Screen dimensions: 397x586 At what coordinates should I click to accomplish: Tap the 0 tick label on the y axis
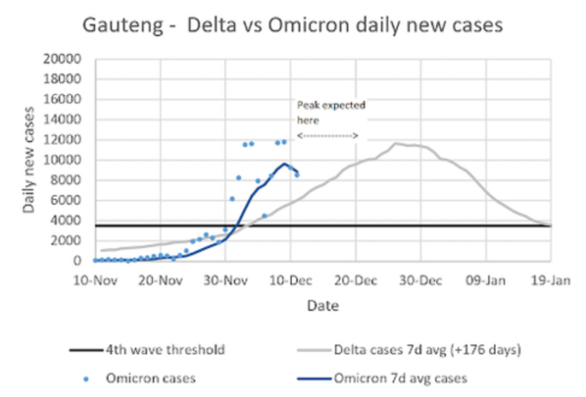[x=81, y=260]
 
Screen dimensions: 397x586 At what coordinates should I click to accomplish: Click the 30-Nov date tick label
[x=227, y=279]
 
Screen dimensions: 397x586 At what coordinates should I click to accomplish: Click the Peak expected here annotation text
[x=330, y=112]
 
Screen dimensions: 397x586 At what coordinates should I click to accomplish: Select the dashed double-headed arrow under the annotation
[x=327, y=133]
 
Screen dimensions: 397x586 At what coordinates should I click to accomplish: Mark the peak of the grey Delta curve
[x=396, y=144]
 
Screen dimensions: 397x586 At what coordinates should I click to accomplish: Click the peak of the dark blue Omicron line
[x=286, y=163]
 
